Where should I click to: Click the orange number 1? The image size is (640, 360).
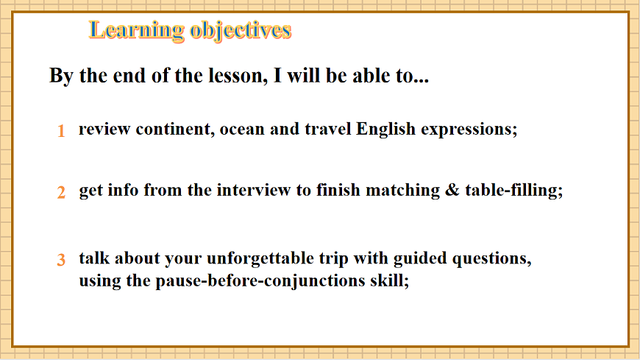pyautogui.click(x=61, y=131)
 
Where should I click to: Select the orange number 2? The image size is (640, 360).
pyautogui.click(x=61, y=192)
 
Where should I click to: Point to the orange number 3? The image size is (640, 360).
pyautogui.click(x=61, y=260)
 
